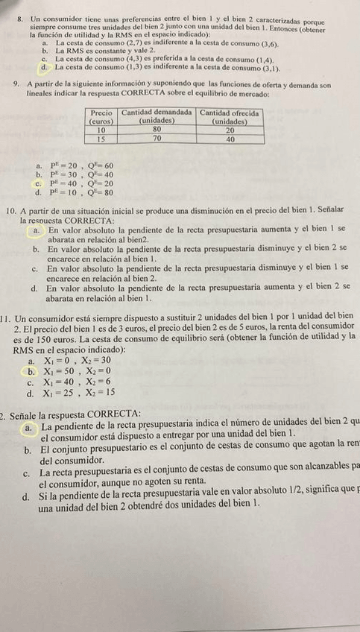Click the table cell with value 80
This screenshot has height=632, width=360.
[157, 130]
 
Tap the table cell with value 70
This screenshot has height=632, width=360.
[157, 139]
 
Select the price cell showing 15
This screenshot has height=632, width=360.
[100, 139]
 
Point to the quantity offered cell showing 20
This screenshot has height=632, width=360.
[230, 130]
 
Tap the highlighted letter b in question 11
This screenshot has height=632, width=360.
[31, 370]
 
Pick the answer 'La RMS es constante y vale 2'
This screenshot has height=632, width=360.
[104, 49]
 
